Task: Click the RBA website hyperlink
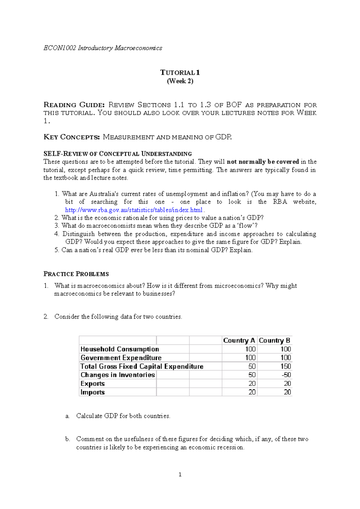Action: pyautogui.click(x=134, y=210)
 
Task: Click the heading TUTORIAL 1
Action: pyautogui.click(x=180, y=73)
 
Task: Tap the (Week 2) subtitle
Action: pyautogui.click(x=180, y=81)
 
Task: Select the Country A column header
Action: pyautogui.click(x=239, y=341)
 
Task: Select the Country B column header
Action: pyautogui.click(x=274, y=341)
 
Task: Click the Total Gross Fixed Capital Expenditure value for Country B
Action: pyautogui.click(x=286, y=366)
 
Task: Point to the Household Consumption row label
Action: pyautogui.click(x=120, y=349)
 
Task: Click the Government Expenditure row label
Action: pyautogui.click(x=121, y=358)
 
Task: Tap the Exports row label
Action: pyautogui.click(x=93, y=384)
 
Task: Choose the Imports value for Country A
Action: pyautogui.click(x=252, y=392)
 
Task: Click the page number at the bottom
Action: pyautogui.click(x=180, y=475)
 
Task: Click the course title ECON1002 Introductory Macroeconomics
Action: pyautogui.click(x=103, y=48)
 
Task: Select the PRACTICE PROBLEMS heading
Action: pyautogui.click(x=76, y=274)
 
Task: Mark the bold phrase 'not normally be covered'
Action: pyautogui.click(x=263, y=162)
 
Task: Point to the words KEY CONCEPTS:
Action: pyautogui.click(x=72, y=137)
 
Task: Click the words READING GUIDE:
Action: pyautogui.click(x=74, y=105)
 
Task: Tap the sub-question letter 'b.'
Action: pyautogui.click(x=67, y=439)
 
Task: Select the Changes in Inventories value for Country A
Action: pyautogui.click(x=252, y=375)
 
